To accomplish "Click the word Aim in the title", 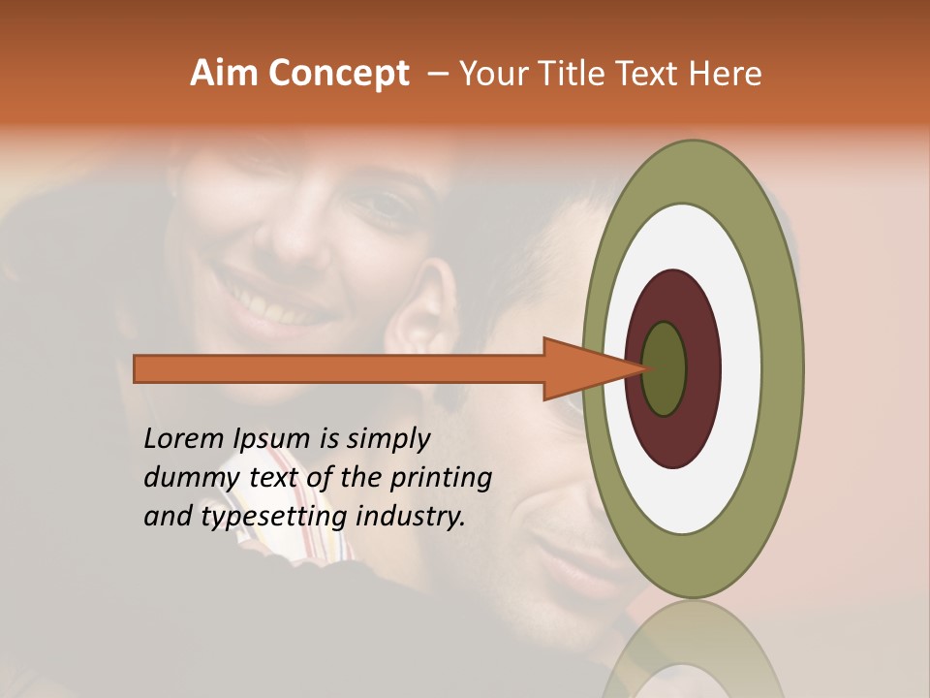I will [223, 74].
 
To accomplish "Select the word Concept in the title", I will [338, 75].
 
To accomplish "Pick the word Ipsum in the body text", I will [272, 439].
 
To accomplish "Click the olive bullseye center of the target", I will [665, 368].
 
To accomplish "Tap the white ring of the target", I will [742, 368].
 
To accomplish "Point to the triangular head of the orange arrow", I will [581, 368].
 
